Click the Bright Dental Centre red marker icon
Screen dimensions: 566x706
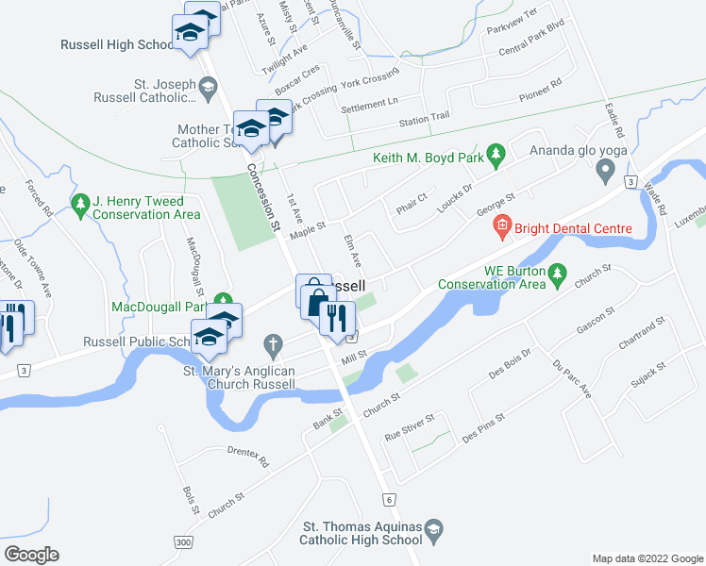pyautogui.click(x=501, y=226)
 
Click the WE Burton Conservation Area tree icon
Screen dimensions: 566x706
pyautogui.click(x=557, y=275)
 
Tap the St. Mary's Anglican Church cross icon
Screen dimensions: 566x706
pyautogui.click(x=274, y=344)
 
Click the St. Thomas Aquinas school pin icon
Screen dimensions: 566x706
pyautogui.click(x=433, y=529)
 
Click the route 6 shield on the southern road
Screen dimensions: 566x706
pyautogui.click(x=387, y=497)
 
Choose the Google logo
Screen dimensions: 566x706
pyautogui.click(x=31, y=555)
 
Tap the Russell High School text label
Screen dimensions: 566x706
pyautogui.click(x=113, y=44)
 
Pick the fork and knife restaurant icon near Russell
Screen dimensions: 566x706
pyautogui.click(x=335, y=317)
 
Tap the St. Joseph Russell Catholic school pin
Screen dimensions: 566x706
pyautogui.click(x=207, y=89)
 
